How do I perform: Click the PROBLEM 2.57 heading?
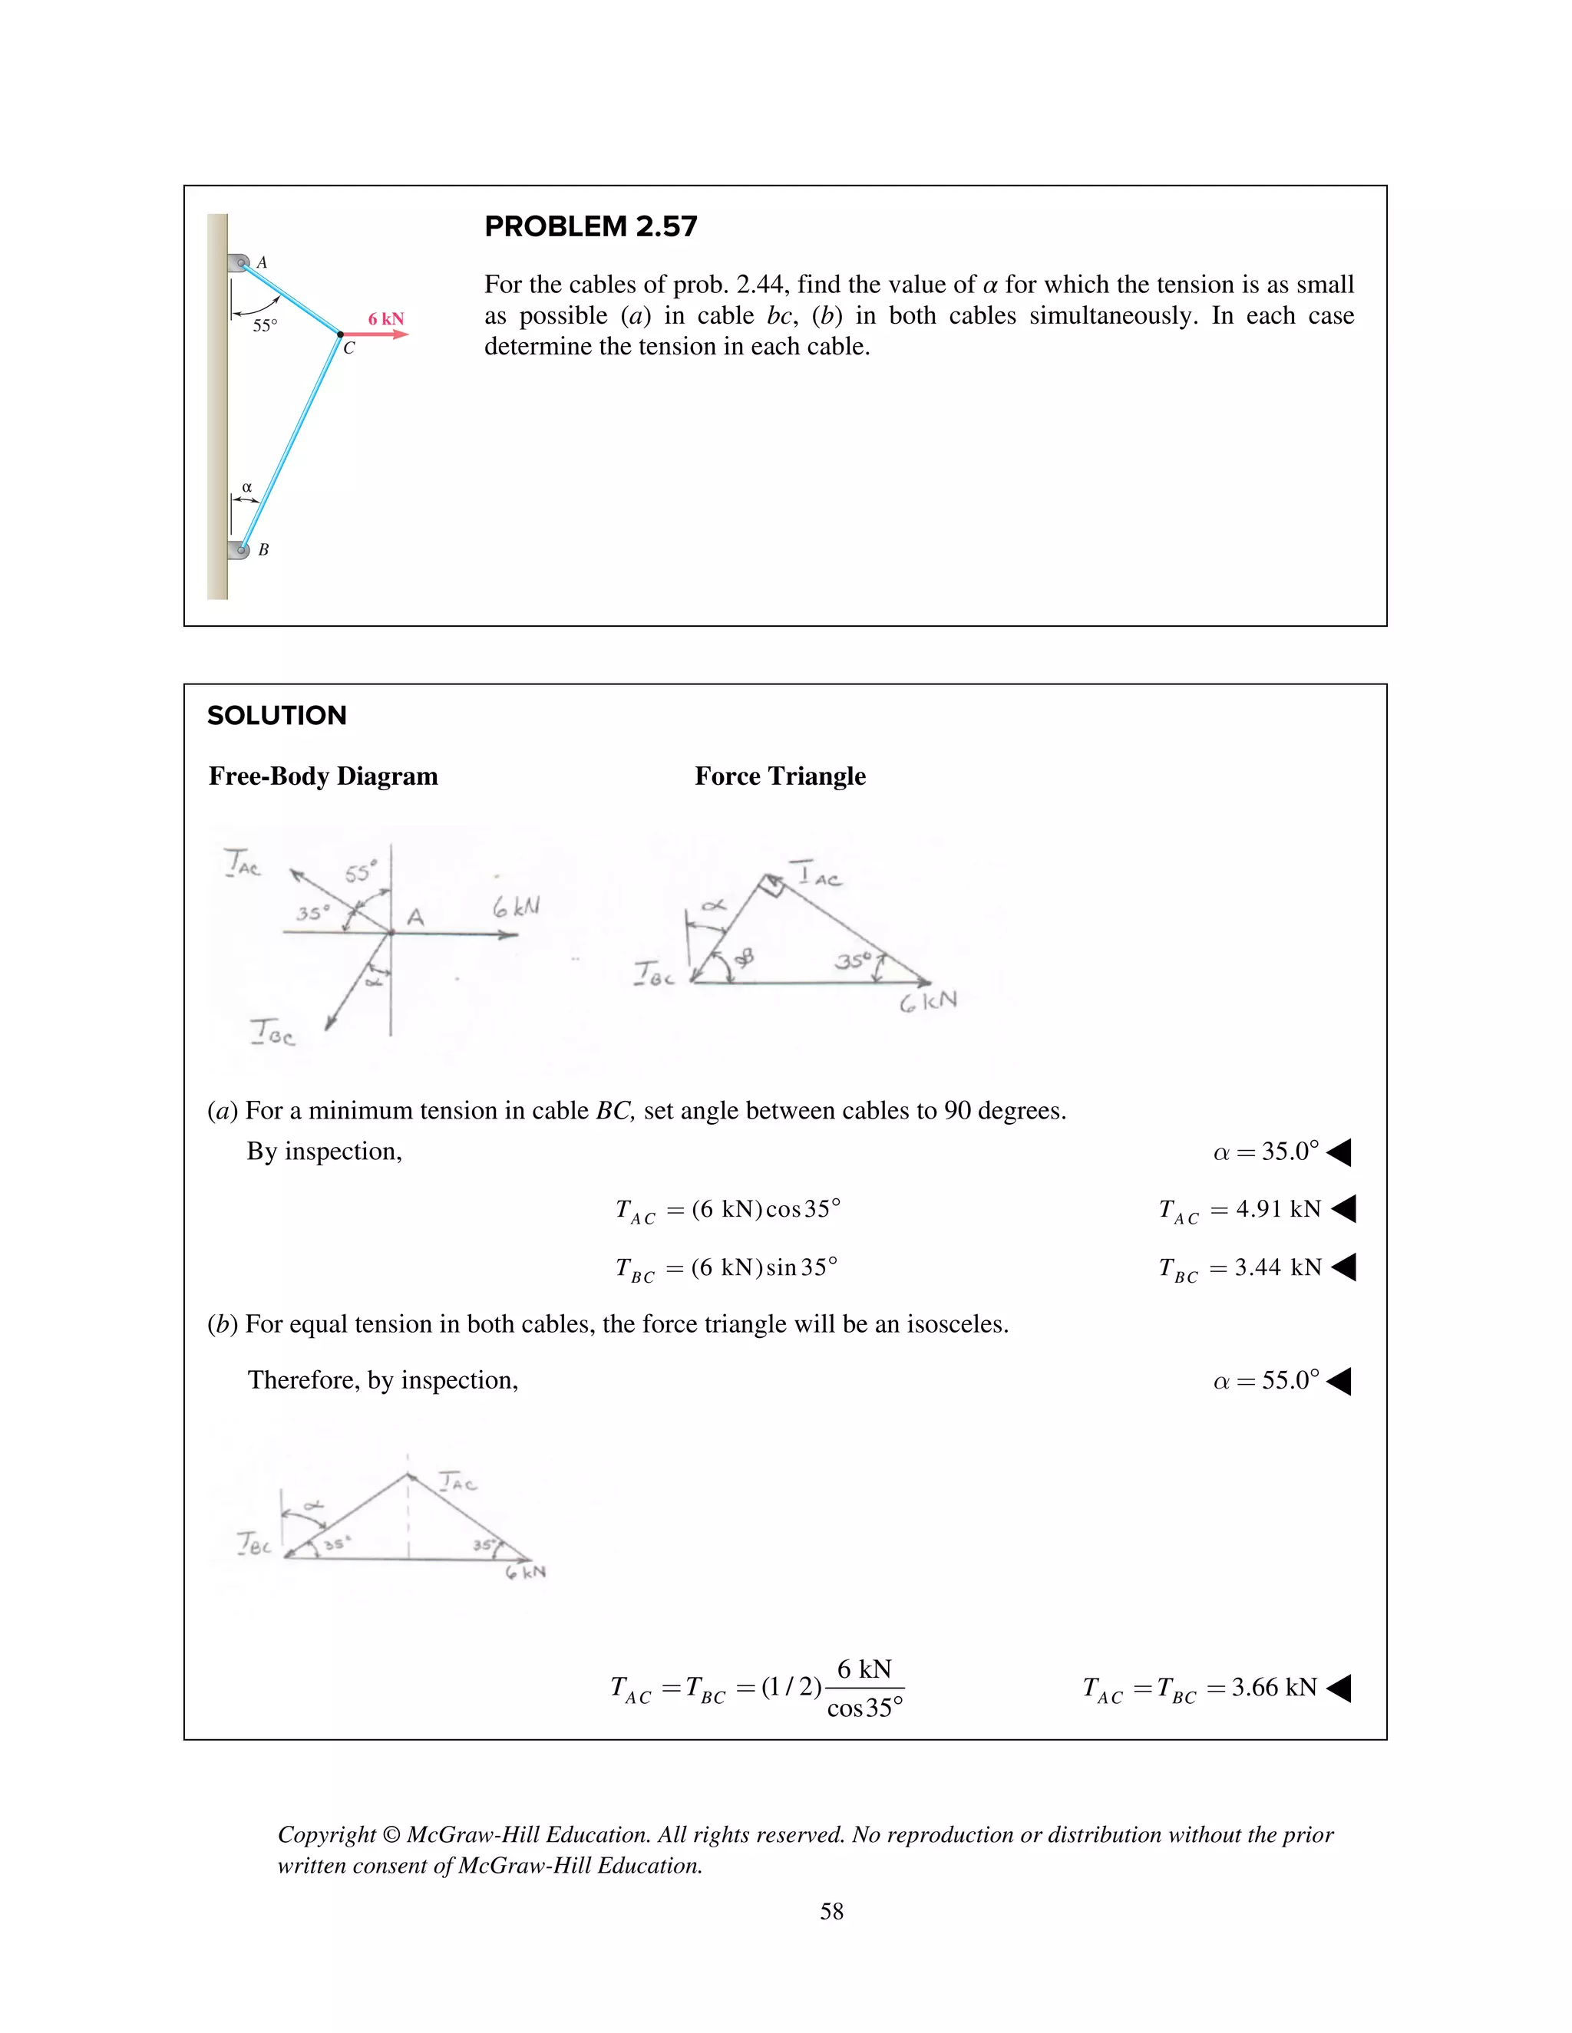[590, 226]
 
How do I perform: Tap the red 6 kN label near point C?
[385, 318]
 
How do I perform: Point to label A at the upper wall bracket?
[262, 262]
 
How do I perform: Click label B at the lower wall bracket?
[263, 550]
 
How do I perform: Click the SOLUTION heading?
[276, 715]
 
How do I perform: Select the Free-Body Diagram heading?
[323, 776]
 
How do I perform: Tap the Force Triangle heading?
[780, 776]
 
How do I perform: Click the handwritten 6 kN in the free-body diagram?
[516, 907]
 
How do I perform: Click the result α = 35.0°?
[1266, 1152]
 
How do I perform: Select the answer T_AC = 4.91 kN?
[1240, 1210]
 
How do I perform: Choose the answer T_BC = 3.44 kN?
[1240, 1269]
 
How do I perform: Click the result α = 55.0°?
[1266, 1380]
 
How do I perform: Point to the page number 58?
[831, 1911]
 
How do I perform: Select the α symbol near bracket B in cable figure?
[247, 487]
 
